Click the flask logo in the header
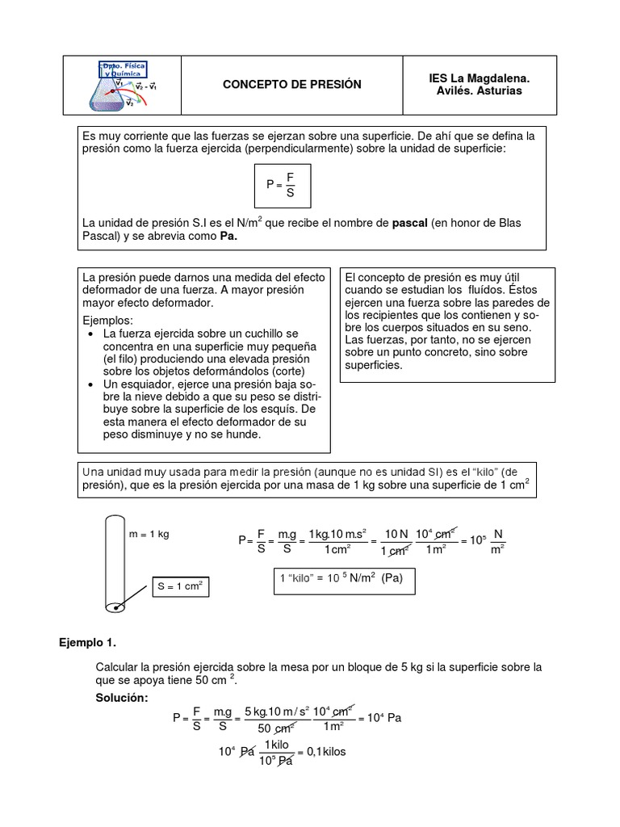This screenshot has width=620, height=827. [x=121, y=84]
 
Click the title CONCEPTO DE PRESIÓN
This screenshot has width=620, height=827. [x=291, y=85]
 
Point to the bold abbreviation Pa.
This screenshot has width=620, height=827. [x=229, y=237]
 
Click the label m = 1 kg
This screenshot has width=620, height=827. [x=149, y=535]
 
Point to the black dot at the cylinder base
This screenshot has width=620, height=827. [x=118, y=607]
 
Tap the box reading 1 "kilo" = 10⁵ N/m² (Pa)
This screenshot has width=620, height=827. [x=340, y=580]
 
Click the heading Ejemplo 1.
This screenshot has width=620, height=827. [x=89, y=644]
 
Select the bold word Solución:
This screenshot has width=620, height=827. [x=122, y=697]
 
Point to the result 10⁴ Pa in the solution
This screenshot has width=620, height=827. [x=384, y=717]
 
